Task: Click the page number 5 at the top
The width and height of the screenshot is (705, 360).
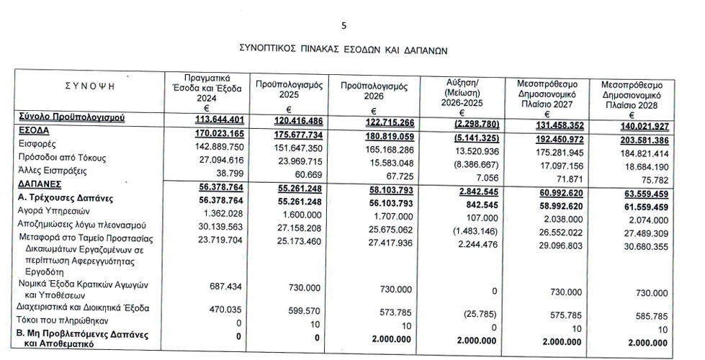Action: tap(344, 27)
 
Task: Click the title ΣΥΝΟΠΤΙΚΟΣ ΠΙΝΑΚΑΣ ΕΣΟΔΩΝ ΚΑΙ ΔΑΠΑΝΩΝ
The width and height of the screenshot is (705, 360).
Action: tap(343, 50)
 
